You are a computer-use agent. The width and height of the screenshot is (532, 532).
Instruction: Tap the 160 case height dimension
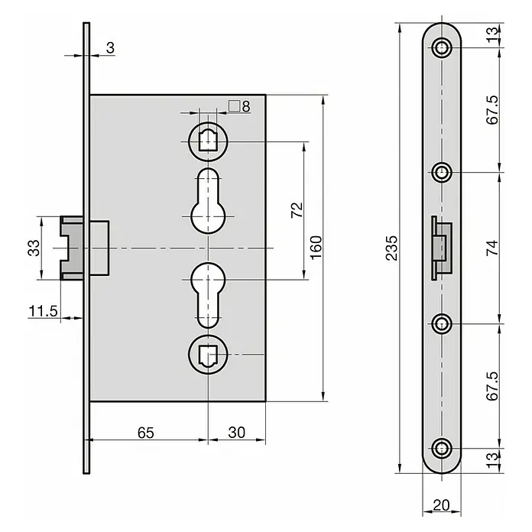coord(316,248)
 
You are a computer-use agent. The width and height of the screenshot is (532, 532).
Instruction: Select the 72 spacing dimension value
coord(297,210)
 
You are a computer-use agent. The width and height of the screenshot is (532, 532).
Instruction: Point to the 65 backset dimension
coord(146,433)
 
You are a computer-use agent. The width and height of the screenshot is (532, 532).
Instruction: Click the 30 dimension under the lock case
coord(236,433)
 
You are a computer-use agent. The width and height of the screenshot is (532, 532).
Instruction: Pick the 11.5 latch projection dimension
coord(43,311)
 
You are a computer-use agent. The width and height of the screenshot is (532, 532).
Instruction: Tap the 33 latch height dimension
coord(34,248)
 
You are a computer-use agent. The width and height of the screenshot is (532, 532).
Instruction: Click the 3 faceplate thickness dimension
coord(110,48)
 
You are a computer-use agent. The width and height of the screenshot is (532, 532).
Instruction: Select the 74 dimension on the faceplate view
coord(492,248)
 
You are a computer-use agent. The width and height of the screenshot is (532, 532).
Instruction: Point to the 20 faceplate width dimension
coord(441,505)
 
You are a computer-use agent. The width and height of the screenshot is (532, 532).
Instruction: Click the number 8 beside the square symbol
coord(246,106)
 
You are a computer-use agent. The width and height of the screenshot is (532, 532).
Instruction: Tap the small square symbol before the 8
coord(234,105)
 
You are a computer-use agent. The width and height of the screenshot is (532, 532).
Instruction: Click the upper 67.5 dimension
coord(492,109)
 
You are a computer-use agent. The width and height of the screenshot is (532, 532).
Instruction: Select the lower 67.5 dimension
coord(492,386)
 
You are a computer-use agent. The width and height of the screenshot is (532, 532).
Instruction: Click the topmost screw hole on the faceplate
coord(441,47)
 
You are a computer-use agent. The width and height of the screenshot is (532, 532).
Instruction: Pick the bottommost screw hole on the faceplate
coord(441,448)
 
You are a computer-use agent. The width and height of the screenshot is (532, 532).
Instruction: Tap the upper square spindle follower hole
coord(208,141)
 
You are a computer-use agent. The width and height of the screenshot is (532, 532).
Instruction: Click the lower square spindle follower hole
coord(208,355)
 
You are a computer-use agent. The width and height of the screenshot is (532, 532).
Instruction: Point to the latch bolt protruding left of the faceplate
coord(72,248)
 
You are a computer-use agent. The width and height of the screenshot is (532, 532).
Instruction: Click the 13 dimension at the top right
coord(492,34)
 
